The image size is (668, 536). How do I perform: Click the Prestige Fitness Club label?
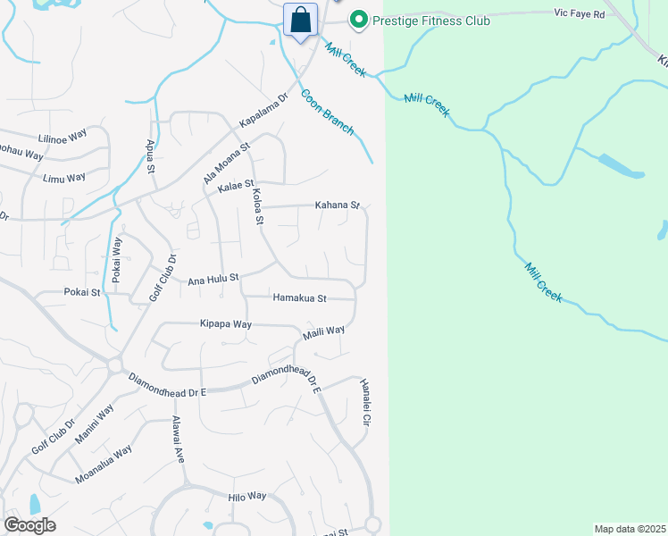(x=432, y=19)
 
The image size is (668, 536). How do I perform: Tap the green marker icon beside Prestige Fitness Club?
(x=359, y=19)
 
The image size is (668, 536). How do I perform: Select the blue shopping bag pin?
(x=300, y=20)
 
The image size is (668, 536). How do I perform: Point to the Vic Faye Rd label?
(x=579, y=14)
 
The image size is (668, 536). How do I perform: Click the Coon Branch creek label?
(x=328, y=113)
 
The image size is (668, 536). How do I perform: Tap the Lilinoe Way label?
(x=63, y=136)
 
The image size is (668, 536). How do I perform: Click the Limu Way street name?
(x=64, y=178)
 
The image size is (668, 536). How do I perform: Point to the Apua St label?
(x=150, y=155)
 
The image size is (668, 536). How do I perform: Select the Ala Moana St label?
(x=226, y=162)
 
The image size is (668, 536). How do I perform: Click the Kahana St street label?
(x=337, y=205)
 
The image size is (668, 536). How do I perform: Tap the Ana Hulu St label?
(x=213, y=280)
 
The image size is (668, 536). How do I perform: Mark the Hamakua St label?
(x=300, y=297)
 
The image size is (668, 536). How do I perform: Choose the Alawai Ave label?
(x=178, y=439)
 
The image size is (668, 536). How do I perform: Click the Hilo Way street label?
(x=247, y=496)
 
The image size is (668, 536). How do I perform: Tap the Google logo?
(x=29, y=525)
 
